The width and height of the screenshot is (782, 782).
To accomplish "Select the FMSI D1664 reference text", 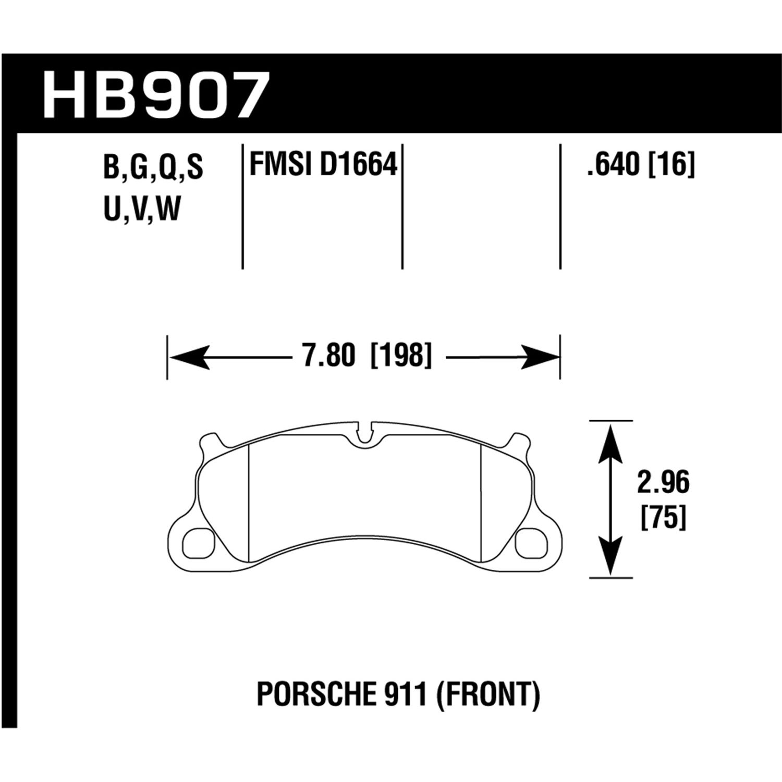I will pos(324,166).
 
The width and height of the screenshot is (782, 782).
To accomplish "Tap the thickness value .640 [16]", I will pos(641,166).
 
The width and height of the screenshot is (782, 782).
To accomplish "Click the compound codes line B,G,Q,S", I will pos(153,168).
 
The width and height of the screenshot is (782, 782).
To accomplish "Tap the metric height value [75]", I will pos(663,518).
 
